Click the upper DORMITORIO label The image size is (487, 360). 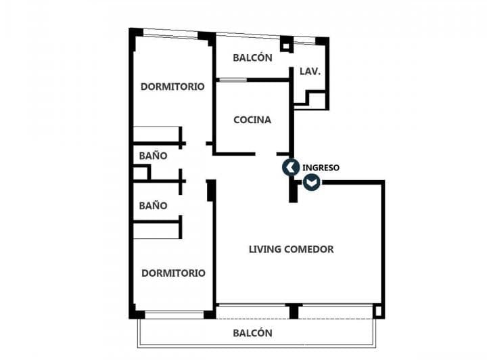(172, 87)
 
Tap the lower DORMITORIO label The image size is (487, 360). (173, 273)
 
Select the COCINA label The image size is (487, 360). (252, 120)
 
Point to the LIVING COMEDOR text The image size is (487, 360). (291, 249)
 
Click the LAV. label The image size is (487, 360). (310, 71)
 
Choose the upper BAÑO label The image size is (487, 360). (153, 156)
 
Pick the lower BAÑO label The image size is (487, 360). (153, 205)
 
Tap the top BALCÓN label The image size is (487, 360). (252, 58)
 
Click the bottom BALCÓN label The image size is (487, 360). (252, 333)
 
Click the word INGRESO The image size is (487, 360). (321, 167)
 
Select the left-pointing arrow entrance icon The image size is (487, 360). (291, 167)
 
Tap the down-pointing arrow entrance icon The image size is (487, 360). (311, 182)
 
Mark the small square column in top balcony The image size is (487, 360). (287, 44)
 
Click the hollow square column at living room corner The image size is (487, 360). (378, 311)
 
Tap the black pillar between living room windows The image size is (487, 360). (294, 311)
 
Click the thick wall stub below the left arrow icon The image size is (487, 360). (293, 190)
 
